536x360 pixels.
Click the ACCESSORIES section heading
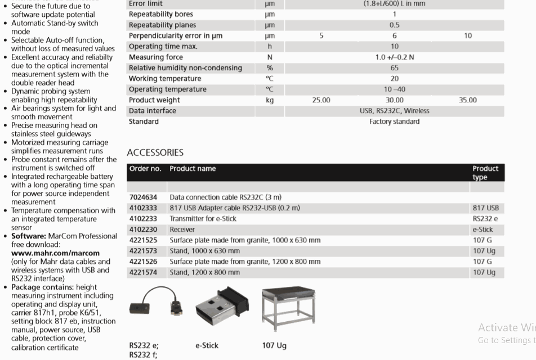(155, 152)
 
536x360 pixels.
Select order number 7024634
(143, 197)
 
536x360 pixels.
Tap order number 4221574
(143, 272)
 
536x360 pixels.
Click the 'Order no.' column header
(145, 169)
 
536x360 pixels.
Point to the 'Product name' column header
(193, 169)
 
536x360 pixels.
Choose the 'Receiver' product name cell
(182, 229)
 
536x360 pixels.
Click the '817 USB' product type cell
(485, 208)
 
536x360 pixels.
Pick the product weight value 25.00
(321, 100)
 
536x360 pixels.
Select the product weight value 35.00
(467, 100)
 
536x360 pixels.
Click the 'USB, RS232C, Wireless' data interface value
(394, 111)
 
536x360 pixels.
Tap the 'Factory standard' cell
(394, 121)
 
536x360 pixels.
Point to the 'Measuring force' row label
(155, 57)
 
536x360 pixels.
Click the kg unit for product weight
(270, 100)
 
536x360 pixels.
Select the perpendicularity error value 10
(468, 36)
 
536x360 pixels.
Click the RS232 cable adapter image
(154, 304)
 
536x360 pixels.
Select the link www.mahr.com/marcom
(55, 253)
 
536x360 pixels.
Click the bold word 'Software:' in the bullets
(29, 236)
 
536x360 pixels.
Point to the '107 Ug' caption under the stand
(274, 345)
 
